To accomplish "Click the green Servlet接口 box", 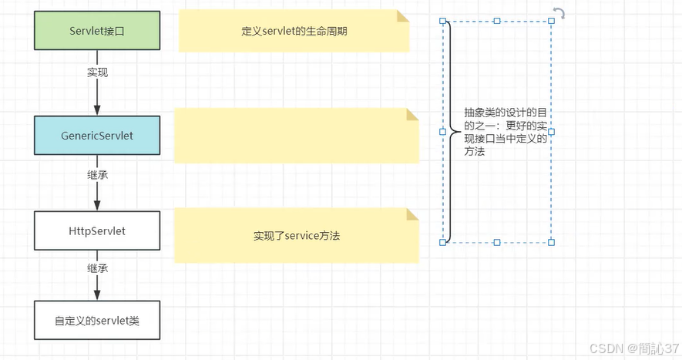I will coord(97,30).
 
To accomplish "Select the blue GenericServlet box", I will coord(97,136).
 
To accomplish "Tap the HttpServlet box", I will coord(97,230).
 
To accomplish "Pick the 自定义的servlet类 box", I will coord(97,321).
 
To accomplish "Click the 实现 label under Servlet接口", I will coord(97,72).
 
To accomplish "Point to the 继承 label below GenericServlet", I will coord(97,174).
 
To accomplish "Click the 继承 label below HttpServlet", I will coord(97,268).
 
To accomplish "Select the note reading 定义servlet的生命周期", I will coord(294,32).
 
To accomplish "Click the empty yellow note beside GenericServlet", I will coord(296,136).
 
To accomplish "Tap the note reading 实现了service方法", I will coord(296,235).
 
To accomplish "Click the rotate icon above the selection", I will coord(560,12).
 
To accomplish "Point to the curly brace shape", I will coord(449,131).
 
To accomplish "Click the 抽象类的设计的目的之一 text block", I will coord(506,132).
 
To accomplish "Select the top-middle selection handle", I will coord(497,22).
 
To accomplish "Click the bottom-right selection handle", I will coord(552,242).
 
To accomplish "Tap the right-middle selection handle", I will coord(552,132).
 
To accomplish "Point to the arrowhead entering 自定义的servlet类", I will coord(97,295).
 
